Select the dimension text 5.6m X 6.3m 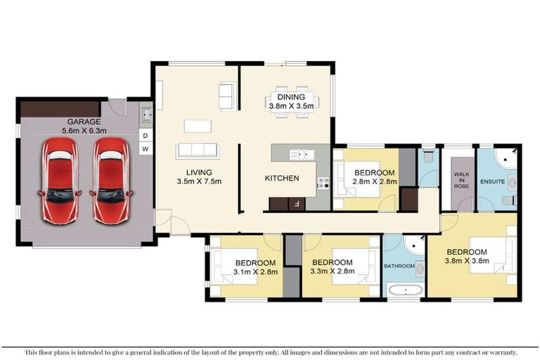click(x=83, y=130)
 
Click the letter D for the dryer click(x=146, y=135)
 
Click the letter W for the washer click(x=146, y=149)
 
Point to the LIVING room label click(x=199, y=172)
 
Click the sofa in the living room click(x=198, y=150)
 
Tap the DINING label click(x=292, y=97)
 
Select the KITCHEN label click(x=282, y=179)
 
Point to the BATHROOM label click(x=399, y=266)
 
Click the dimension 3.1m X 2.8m click(x=255, y=271)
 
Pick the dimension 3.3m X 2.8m click(x=333, y=271)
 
